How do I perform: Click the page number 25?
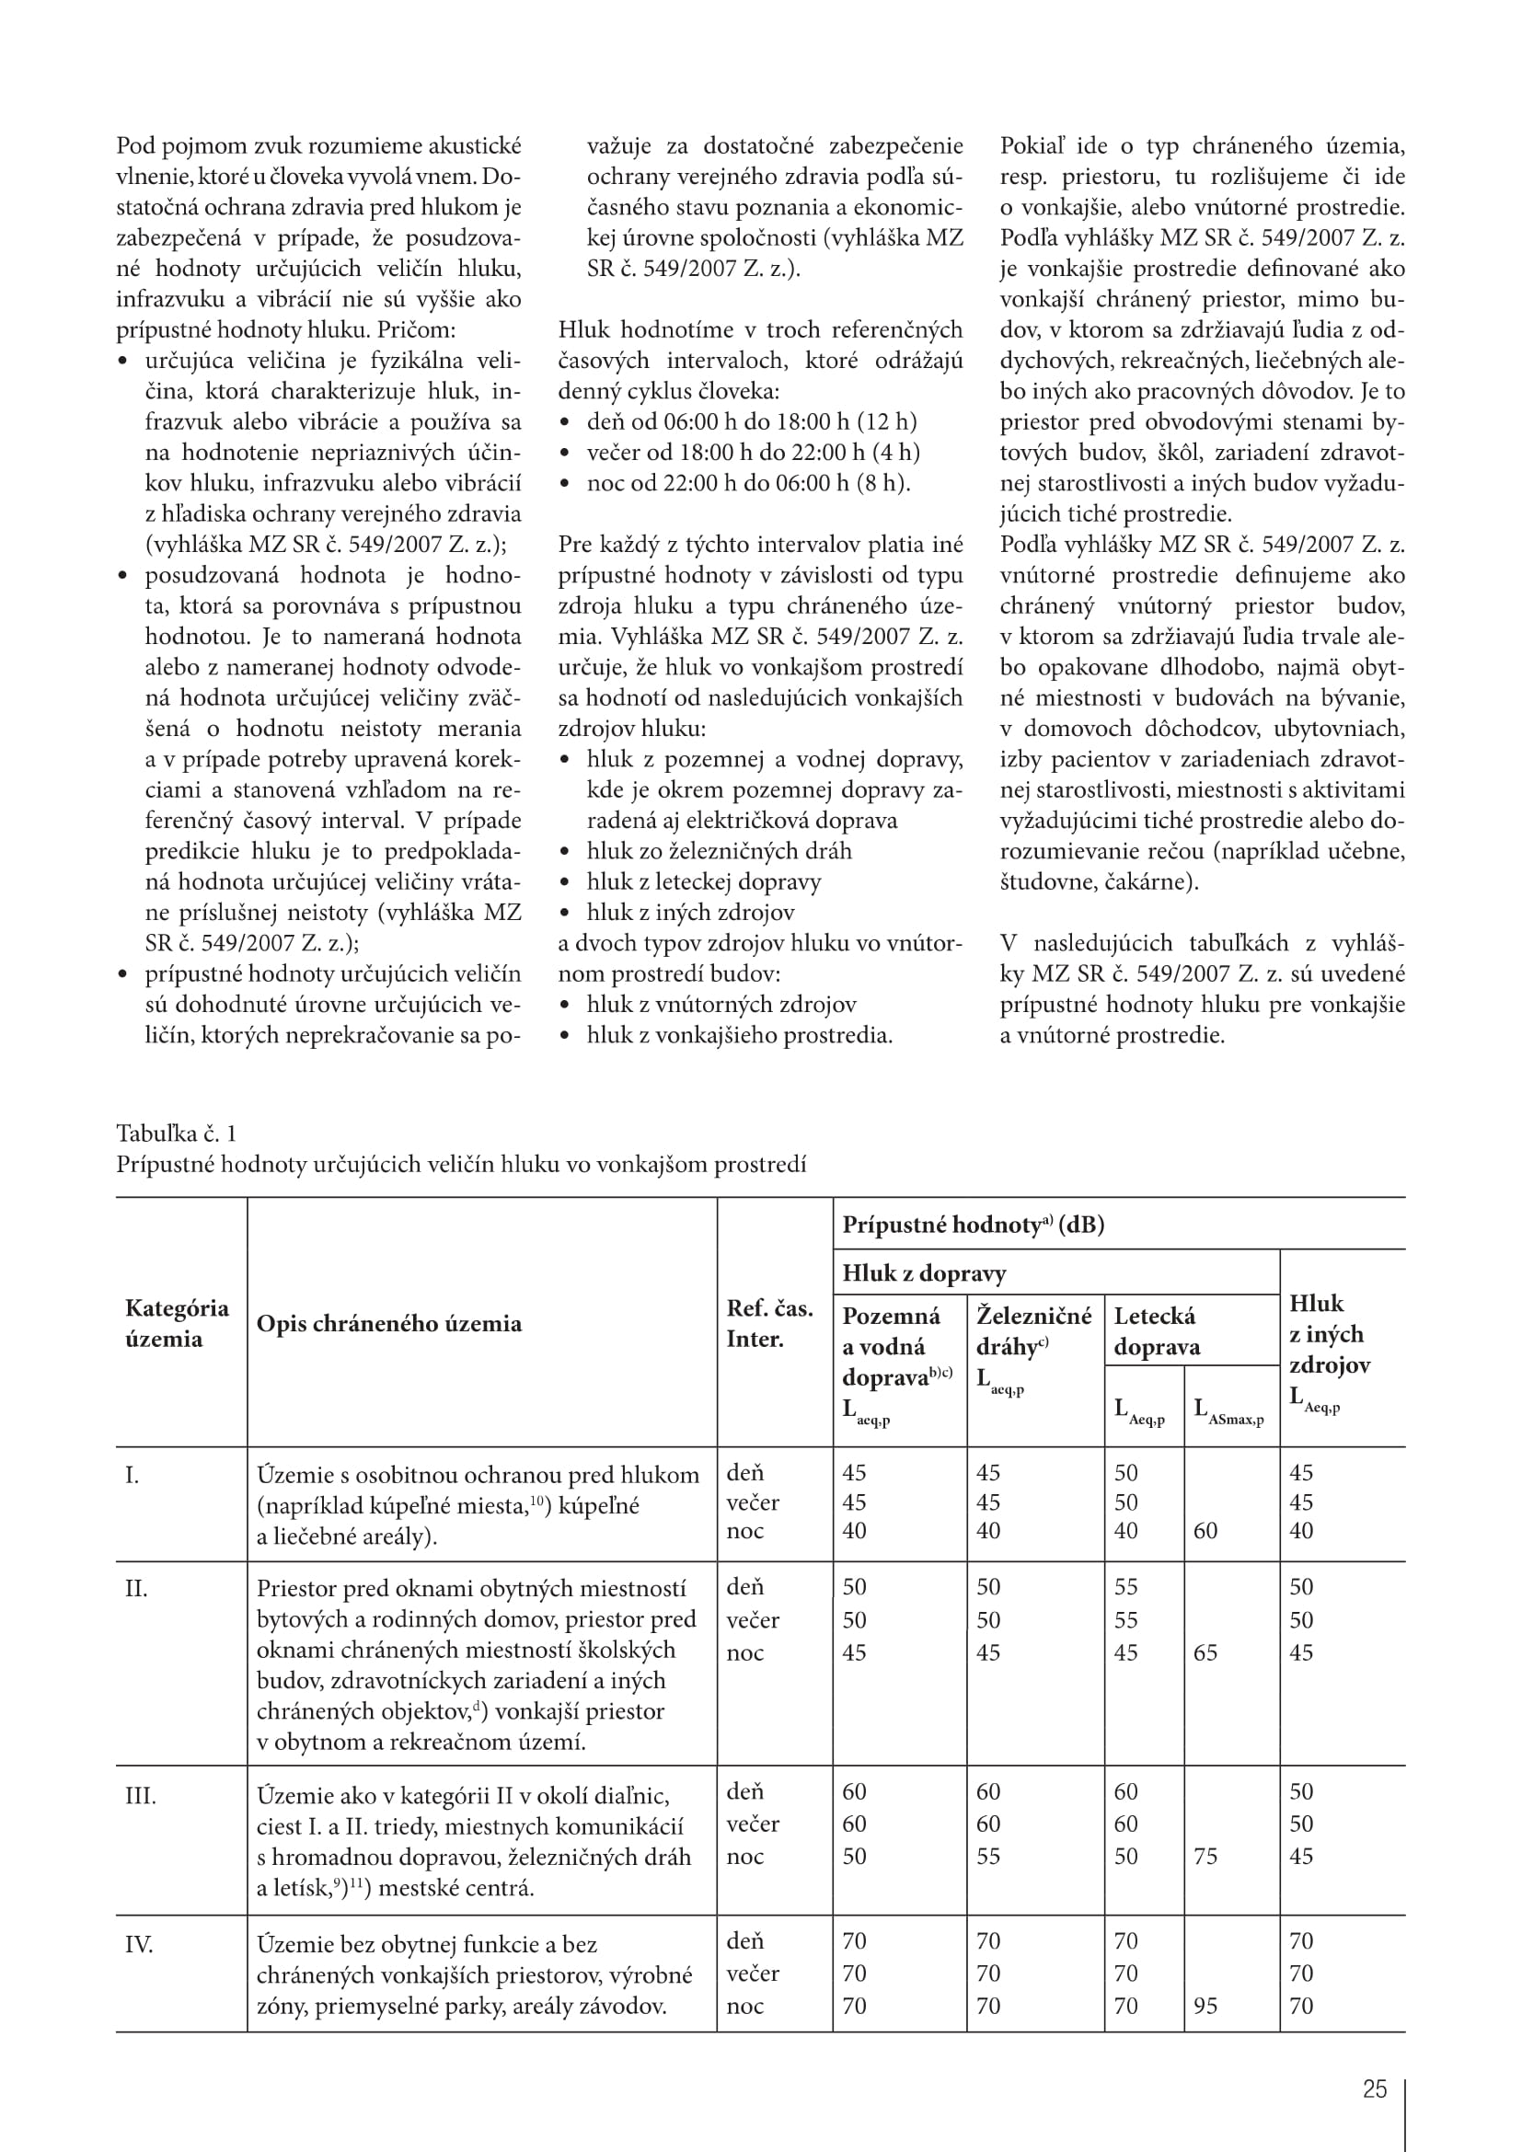pos(1374,2089)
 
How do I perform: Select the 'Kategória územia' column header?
pos(177,1322)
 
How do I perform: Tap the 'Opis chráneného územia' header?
pos(389,1323)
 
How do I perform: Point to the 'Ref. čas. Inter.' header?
pos(769,1322)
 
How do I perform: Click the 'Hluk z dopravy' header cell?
pos(924,1272)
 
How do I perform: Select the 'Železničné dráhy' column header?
pos(1033,1331)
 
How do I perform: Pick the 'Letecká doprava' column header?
pos(1157,1331)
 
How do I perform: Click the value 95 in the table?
pos(1205,2006)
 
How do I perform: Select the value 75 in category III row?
pos(1205,1856)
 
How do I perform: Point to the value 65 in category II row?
pos(1205,1652)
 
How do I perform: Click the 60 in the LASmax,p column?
pos(1205,1531)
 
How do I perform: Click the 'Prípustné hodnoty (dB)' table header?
pos(973,1225)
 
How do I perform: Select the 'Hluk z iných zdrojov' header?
pos(1329,1333)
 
